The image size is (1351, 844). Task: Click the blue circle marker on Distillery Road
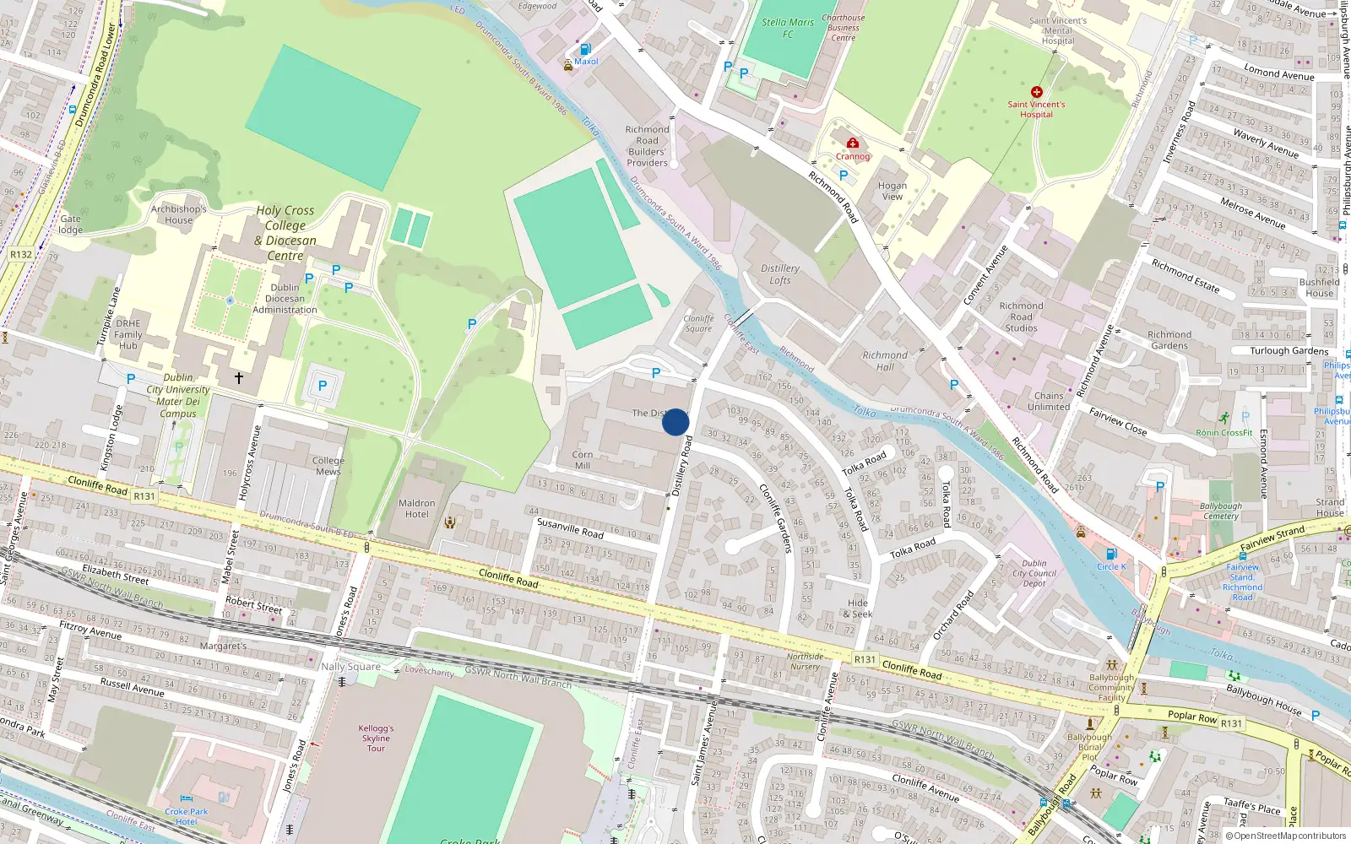(675, 422)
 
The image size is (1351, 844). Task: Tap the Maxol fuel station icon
(585, 49)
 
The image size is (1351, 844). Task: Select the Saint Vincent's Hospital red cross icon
(1036, 92)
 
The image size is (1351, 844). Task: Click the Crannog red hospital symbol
(853, 143)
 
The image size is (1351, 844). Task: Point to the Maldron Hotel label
(417, 508)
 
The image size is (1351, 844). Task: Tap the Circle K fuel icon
(1111, 555)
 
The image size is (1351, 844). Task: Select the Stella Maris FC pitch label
(787, 28)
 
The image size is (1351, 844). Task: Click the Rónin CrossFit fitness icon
(1224, 419)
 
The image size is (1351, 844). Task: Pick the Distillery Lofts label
(780, 273)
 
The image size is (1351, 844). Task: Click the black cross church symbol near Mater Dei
(239, 378)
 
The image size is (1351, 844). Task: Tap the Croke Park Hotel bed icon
(187, 798)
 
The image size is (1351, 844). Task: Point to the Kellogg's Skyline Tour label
(376, 738)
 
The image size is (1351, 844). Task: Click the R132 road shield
(21, 254)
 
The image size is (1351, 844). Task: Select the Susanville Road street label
(570, 528)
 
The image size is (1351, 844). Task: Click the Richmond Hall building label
(885, 360)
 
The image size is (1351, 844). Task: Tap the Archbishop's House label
(178, 214)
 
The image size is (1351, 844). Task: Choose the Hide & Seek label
(858, 608)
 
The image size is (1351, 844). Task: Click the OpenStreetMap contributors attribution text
(1286, 836)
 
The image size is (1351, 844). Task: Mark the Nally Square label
(350, 667)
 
